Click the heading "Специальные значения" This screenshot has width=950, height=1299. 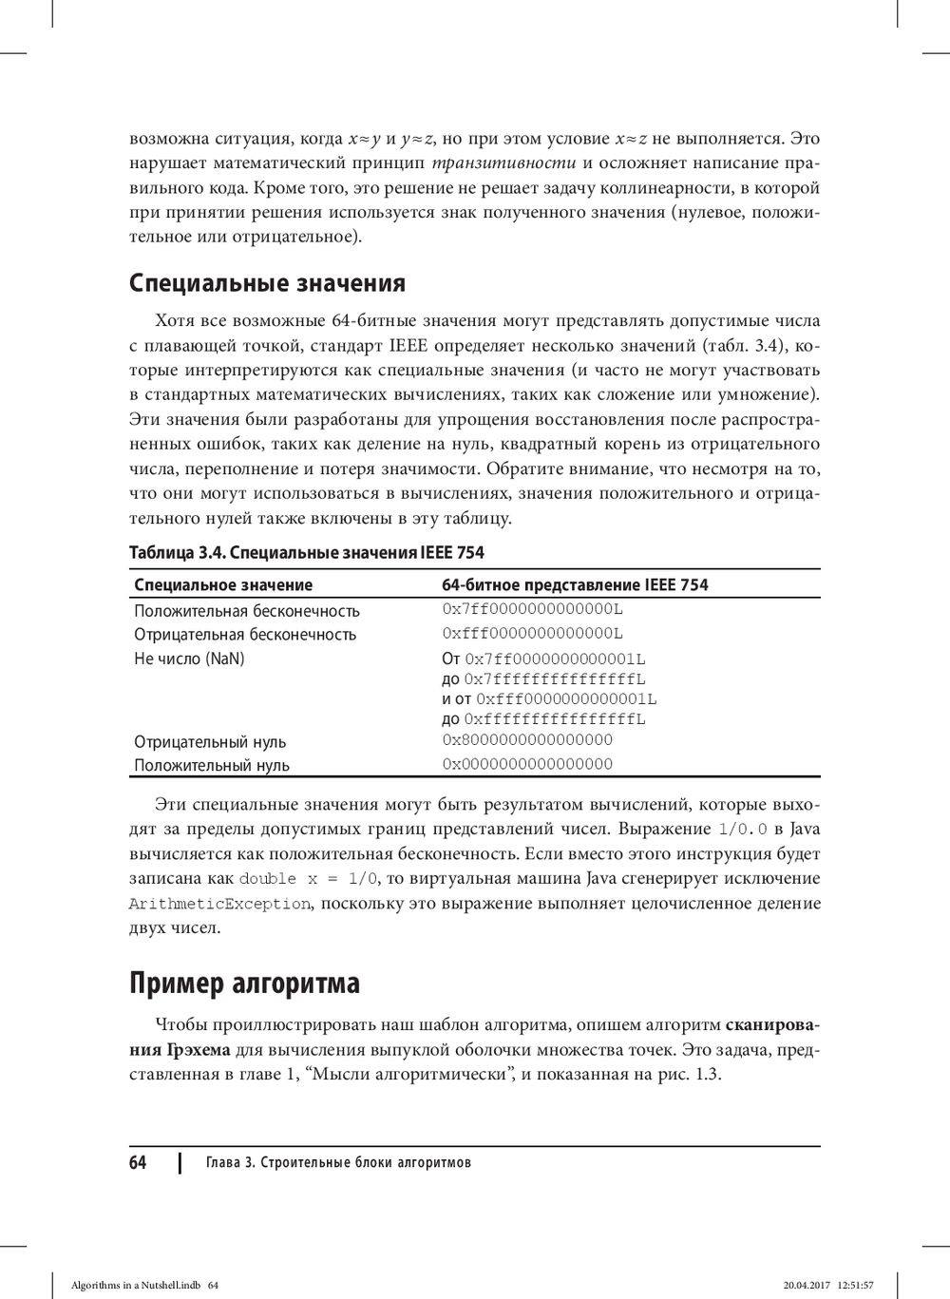(x=267, y=283)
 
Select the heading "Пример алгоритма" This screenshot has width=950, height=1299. (x=244, y=983)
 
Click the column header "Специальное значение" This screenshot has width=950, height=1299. (x=223, y=584)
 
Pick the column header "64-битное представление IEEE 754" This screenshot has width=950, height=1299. (x=575, y=584)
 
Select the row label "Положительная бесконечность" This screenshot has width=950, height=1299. (x=247, y=611)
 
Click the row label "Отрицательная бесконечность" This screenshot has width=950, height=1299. (x=245, y=635)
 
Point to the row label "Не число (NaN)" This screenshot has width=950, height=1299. (x=189, y=659)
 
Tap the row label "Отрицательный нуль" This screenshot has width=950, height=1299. (x=210, y=741)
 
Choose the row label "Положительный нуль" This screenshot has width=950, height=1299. (x=212, y=765)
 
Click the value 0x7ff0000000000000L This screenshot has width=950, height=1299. (x=532, y=609)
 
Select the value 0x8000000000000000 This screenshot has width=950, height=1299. (x=527, y=740)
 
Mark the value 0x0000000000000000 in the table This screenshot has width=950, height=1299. (x=527, y=764)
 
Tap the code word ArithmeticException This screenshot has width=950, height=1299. (x=219, y=904)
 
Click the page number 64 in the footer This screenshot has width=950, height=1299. (x=138, y=1162)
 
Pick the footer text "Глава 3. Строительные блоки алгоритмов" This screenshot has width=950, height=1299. (x=338, y=1163)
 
